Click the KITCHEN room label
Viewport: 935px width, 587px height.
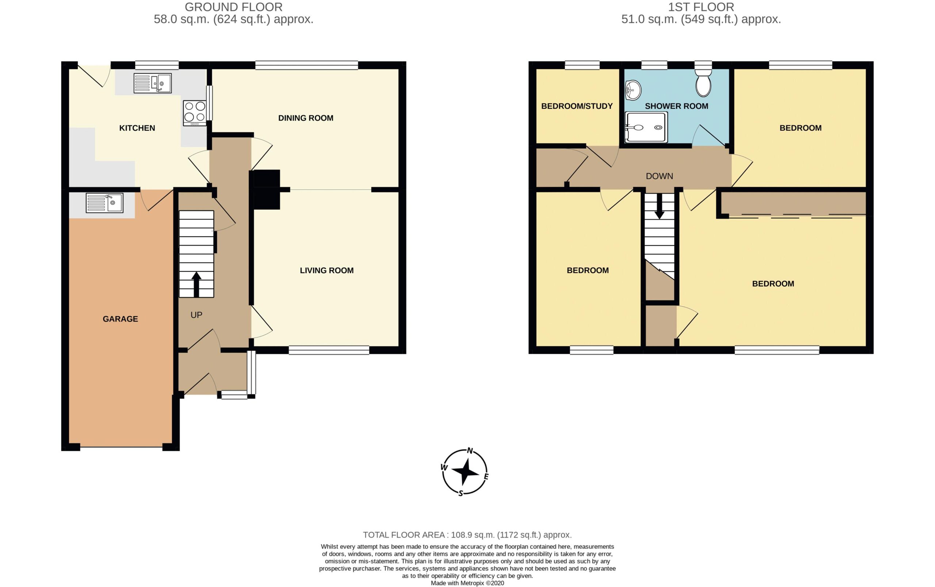pos(137,128)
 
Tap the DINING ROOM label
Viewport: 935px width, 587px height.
pos(306,118)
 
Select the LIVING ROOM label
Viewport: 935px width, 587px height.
pos(327,271)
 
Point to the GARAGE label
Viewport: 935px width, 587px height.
pos(120,319)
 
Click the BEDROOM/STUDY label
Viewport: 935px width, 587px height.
pos(577,106)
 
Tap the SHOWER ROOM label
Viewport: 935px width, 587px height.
pos(676,106)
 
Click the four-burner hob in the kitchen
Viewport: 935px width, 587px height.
pos(195,113)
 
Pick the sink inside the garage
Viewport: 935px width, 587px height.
pos(104,203)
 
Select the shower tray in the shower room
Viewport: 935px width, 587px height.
pos(646,127)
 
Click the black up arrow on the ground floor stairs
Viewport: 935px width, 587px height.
pos(196,285)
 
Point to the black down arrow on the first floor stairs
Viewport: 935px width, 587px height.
pos(659,206)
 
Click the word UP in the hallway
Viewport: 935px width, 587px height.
pos(196,315)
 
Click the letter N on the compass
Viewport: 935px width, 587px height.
pos(470,451)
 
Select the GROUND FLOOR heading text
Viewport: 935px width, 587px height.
pos(234,7)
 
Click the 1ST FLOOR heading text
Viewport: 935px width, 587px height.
pos(701,7)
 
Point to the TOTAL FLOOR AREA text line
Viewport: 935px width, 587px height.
pos(467,535)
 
